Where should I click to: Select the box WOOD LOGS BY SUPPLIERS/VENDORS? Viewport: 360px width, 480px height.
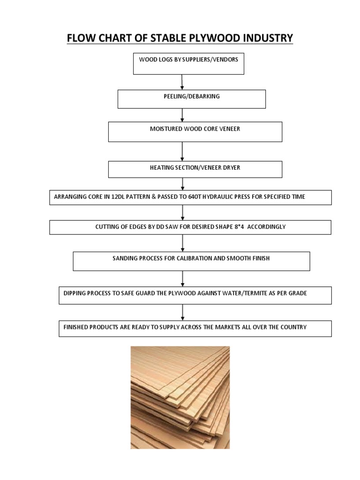[188, 64]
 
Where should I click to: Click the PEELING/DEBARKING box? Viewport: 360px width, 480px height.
[191, 99]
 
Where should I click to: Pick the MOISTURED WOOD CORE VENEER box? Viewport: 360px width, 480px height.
[195, 132]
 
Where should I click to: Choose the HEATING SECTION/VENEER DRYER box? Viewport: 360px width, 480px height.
[195, 169]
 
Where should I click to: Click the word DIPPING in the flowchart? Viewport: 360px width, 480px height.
[75, 293]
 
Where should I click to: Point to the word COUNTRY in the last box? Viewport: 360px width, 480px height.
[293, 327]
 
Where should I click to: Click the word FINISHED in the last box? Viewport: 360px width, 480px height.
[77, 327]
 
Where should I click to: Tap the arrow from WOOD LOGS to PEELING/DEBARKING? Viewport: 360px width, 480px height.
[182, 82]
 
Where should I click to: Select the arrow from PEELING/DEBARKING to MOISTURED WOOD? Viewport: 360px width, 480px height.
[182, 115]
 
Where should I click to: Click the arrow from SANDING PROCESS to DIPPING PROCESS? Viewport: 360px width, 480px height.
[182, 278]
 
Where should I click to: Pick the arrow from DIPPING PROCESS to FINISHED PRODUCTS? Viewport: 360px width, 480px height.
[182, 312]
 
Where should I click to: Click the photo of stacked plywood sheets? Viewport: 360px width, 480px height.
[180, 397]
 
